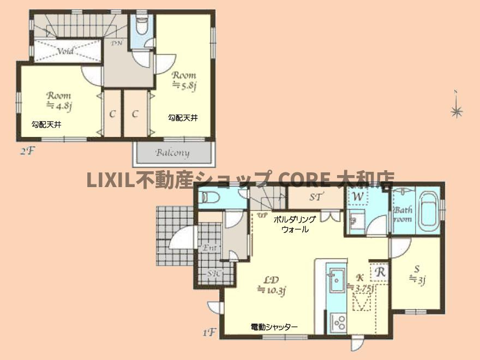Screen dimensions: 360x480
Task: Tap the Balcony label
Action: coord(172,153)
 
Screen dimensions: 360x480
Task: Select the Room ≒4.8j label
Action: coord(59,100)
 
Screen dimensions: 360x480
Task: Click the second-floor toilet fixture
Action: coord(142,27)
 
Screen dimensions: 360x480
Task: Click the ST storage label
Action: coord(315,197)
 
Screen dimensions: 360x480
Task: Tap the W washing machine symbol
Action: coord(358,196)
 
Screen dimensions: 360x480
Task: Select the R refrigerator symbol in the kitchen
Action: coord(379,271)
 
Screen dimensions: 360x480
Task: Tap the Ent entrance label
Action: coord(210,248)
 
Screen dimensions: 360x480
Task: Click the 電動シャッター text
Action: coord(274,327)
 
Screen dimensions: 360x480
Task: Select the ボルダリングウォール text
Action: coord(295,224)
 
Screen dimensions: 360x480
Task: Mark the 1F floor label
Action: coord(211,331)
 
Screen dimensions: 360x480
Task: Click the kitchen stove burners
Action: coord(338,322)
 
